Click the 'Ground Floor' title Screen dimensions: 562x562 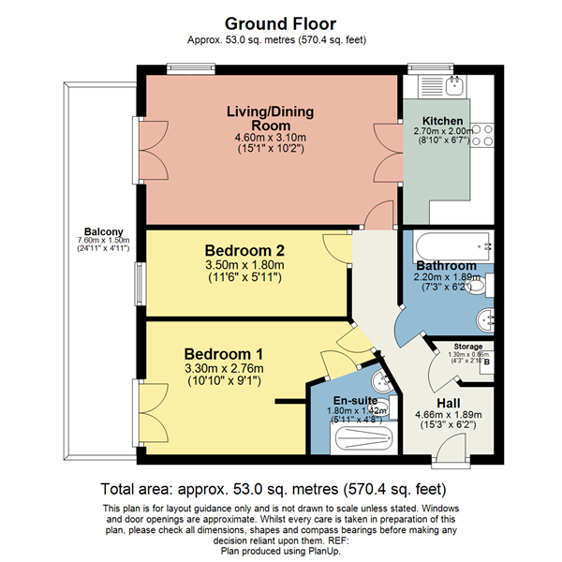281,22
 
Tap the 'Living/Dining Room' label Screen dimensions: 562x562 270,118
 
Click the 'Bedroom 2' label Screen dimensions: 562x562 245,251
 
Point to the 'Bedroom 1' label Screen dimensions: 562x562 223,354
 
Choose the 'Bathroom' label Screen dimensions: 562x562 446,266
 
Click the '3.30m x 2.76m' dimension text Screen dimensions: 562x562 223,369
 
